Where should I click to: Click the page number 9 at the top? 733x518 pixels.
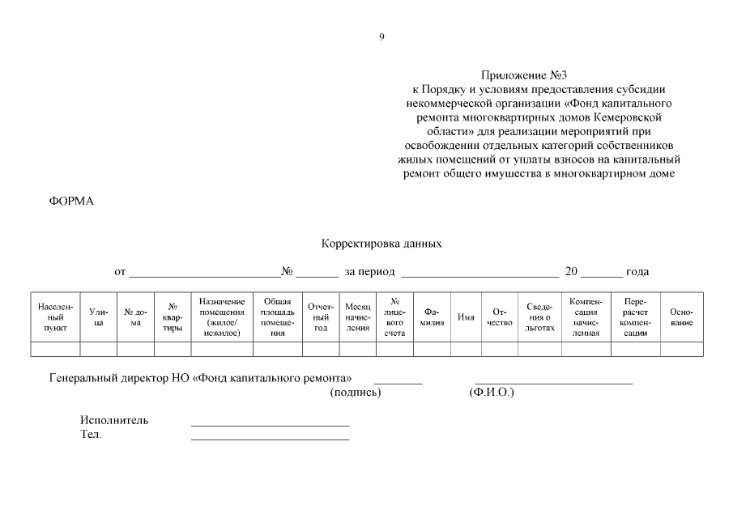coord(381,36)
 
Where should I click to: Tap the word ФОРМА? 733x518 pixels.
coord(72,201)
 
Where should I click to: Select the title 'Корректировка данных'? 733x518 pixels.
coord(381,243)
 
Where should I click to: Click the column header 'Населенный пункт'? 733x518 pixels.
coord(56,317)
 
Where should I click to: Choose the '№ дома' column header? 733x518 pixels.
coord(136,317)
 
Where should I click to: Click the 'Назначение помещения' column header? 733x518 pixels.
coord(222,317)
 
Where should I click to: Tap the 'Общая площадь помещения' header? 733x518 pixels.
coord(277,317)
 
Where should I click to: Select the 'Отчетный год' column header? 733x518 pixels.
coord(321,317)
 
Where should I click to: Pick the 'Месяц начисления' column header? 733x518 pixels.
coord(358,317)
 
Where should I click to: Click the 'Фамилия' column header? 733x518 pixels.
coord(432,317)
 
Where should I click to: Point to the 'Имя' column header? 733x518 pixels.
coord(467,317)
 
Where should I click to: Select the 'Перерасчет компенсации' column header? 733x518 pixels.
coord(635,317)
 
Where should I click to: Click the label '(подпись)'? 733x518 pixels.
coord(356,393)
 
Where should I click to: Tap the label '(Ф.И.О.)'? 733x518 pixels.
coord(492,393)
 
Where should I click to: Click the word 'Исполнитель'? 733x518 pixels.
coord(114,421)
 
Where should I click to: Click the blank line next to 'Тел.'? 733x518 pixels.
coord(270,438)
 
